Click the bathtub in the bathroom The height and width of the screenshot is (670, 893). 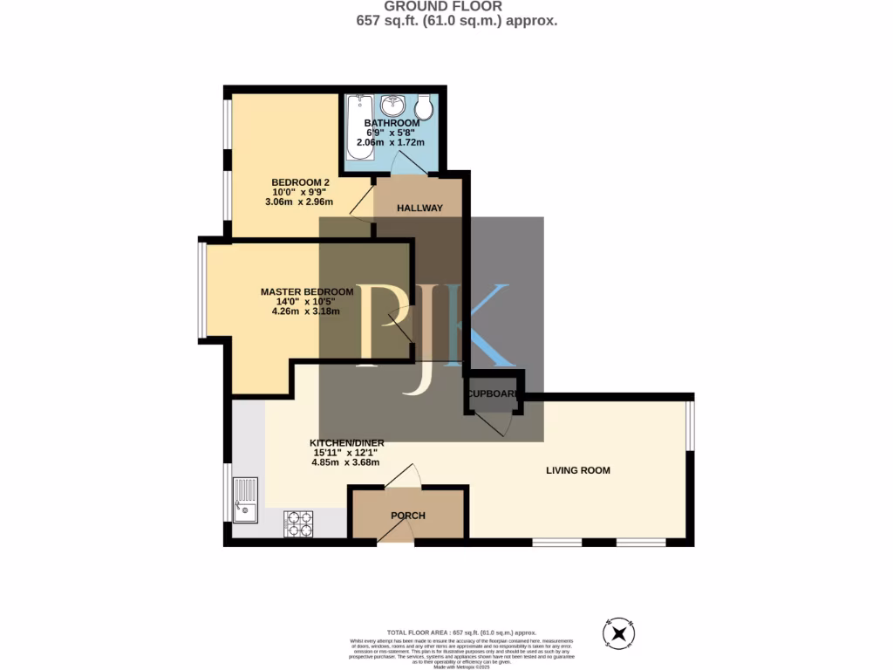(360, 126)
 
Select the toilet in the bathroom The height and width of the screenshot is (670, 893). (425, 107)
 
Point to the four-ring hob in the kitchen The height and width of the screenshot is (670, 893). (298, 523)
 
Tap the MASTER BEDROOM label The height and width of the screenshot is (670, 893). (307, 291)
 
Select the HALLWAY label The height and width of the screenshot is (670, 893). (420, 209)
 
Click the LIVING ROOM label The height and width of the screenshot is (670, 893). (577, 470)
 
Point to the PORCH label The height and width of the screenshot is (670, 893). (407, 516)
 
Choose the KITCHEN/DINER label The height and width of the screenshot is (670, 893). (348, 443)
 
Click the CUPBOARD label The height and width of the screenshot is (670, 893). (494, 393)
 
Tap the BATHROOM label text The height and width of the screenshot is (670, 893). (392, 124)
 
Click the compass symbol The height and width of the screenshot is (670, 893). (617, 632)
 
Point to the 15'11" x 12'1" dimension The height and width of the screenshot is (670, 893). (348, 453)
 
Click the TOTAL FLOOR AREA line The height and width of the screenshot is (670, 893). (461, 632)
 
